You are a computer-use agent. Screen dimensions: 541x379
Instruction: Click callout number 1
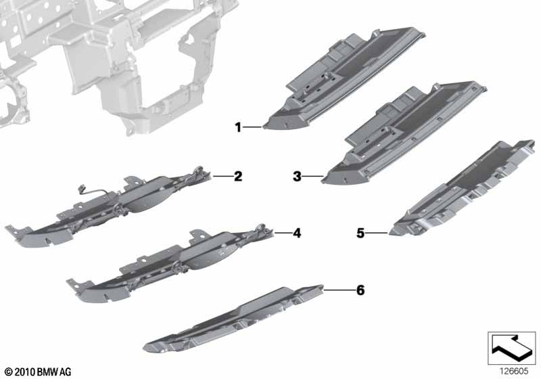point(238,127)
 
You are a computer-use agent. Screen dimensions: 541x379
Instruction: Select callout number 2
point(238,177)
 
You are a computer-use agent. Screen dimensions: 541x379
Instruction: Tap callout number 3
point(297,177)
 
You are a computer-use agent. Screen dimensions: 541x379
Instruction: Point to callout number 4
point(297,233)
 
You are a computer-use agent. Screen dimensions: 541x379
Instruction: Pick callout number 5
point(360,233)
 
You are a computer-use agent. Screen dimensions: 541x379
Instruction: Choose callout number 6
point(360,290)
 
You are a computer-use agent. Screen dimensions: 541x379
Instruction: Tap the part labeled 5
point(463,188)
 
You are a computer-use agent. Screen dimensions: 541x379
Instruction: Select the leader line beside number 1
point(252,127)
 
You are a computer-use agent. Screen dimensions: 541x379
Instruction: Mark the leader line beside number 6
point(339,290)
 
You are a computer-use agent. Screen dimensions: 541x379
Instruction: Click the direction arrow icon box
point(512,348)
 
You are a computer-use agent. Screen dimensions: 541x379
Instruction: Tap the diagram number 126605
point(515,372)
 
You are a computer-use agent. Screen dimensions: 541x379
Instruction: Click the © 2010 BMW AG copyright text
point(39,372)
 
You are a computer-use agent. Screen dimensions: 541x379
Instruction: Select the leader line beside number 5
point(377,233)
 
